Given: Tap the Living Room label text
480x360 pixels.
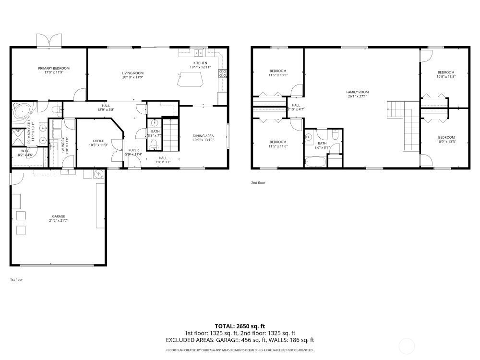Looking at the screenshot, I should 132,73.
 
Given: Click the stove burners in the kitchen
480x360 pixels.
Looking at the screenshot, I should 223,73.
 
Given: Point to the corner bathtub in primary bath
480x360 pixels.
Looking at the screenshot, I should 22,112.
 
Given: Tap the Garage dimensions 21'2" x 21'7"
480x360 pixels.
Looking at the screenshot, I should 59,220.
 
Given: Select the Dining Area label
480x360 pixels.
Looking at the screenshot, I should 203,136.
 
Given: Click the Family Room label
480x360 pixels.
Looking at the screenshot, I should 357,92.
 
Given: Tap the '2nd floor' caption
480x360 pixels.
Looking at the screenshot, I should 258,183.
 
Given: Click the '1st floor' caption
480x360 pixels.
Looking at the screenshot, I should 16,279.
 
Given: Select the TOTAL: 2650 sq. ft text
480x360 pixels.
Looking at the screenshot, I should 240,325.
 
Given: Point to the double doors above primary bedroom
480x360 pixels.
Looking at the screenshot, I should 50,40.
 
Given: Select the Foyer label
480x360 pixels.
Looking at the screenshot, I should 133,150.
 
